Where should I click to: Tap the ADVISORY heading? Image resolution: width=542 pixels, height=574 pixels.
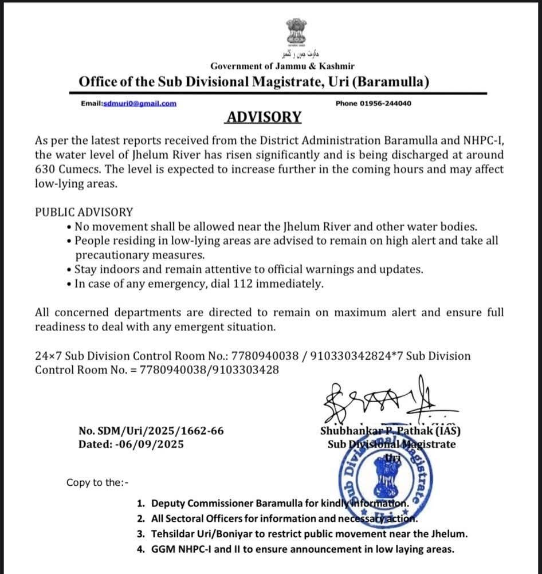pos(264,117)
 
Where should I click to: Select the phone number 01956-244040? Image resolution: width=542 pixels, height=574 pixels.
pos(386,103)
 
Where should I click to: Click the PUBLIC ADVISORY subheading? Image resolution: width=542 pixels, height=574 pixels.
pos(84,212)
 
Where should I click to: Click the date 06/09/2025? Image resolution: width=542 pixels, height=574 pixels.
pos(156,444)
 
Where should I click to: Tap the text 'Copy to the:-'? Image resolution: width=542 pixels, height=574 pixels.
pos(97,482)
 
